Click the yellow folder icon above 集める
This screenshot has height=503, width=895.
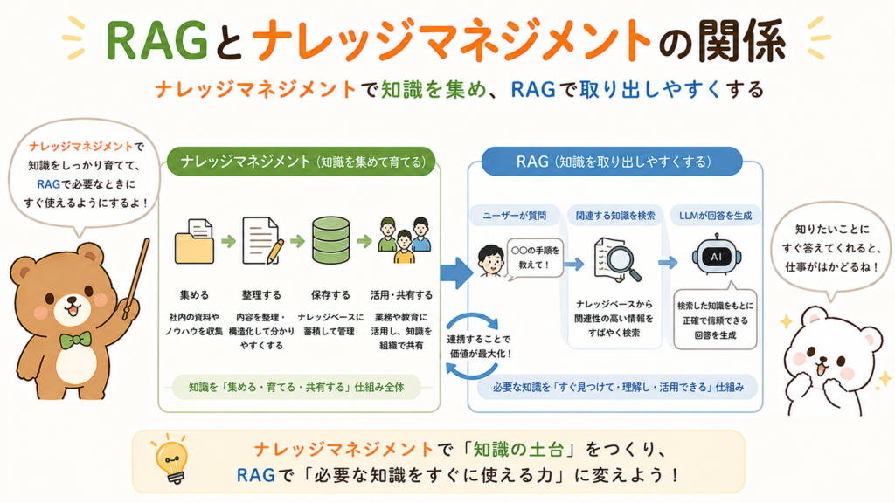[x=194, y=242]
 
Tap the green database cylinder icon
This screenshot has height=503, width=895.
[x=331, y=240]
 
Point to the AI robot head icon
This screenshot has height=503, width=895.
[x=716, y=256]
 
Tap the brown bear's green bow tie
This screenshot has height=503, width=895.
[x=75, y=340]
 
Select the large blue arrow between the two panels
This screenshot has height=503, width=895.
[x=456, y=272]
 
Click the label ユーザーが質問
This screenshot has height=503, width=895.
[x=514, y=216]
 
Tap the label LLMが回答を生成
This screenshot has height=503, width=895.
[x=715, y=216]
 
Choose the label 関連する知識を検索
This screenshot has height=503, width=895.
[x=615, y=216]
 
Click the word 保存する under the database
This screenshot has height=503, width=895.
[x=330, y=295]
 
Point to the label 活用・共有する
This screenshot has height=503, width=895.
[x=401, y=295]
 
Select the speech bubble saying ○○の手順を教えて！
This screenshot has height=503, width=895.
[x=535, y=258]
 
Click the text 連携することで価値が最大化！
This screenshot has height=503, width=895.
[x=480, y=346]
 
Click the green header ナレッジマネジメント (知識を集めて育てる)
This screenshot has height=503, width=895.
[x=302, y=162]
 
